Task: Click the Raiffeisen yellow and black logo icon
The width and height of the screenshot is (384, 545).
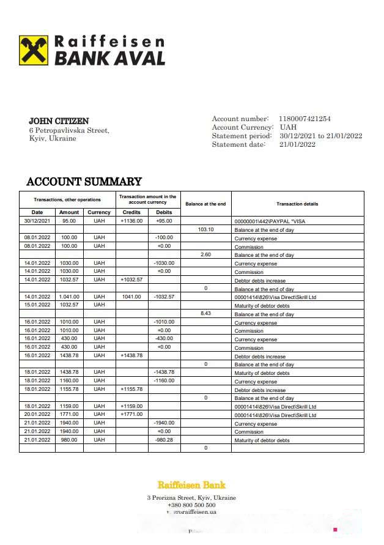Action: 34,50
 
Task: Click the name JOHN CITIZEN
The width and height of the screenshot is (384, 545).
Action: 59,121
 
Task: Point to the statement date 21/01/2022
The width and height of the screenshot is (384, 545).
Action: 298,144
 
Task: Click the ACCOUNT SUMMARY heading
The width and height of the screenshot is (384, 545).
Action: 84,182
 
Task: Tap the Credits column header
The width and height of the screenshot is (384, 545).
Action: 131,212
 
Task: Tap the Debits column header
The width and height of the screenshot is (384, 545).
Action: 164,212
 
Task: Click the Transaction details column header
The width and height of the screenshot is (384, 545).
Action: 297,204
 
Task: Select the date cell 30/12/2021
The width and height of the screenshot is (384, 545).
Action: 37,221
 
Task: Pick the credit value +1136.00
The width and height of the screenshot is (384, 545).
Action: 131,221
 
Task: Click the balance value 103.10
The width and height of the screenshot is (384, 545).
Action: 205,229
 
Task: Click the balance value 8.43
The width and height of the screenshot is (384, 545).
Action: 205,314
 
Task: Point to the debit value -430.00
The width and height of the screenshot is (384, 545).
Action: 164,339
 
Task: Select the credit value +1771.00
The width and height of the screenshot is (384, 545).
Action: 131,415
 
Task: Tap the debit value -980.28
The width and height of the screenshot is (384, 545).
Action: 164,440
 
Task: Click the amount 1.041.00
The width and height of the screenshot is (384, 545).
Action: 68,297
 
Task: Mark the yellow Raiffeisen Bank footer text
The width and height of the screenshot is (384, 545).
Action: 191,485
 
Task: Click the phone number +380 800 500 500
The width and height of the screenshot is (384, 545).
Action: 191,505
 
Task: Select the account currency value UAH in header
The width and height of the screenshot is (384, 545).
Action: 288,127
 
